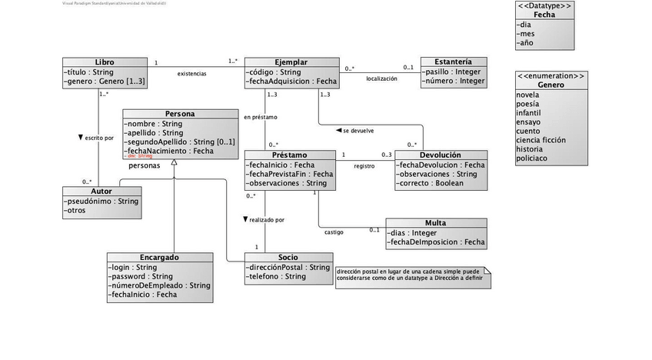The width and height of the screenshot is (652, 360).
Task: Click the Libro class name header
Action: tap(105, 62)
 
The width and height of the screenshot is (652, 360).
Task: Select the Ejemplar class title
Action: tap(291, 62)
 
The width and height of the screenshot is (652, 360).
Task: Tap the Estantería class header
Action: tap(453, 62)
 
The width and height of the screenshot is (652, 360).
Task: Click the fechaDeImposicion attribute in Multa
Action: tap(436, 242)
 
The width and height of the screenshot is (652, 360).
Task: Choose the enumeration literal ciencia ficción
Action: tap(541, 140)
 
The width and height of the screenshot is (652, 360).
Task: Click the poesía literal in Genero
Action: tap(527, 103)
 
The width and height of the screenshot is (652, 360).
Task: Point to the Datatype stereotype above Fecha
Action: tap(544, 5)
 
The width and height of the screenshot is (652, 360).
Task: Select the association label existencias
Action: tap(191, 74)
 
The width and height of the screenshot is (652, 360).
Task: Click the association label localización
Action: tap(381, 78)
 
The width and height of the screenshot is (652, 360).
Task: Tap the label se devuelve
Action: tap(358, 130)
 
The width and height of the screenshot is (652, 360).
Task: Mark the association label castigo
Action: tap(334, 232)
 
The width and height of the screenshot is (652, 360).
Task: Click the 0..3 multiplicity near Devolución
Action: tap(386, 155)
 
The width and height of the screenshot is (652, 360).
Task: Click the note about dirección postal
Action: tap(412, 277)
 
